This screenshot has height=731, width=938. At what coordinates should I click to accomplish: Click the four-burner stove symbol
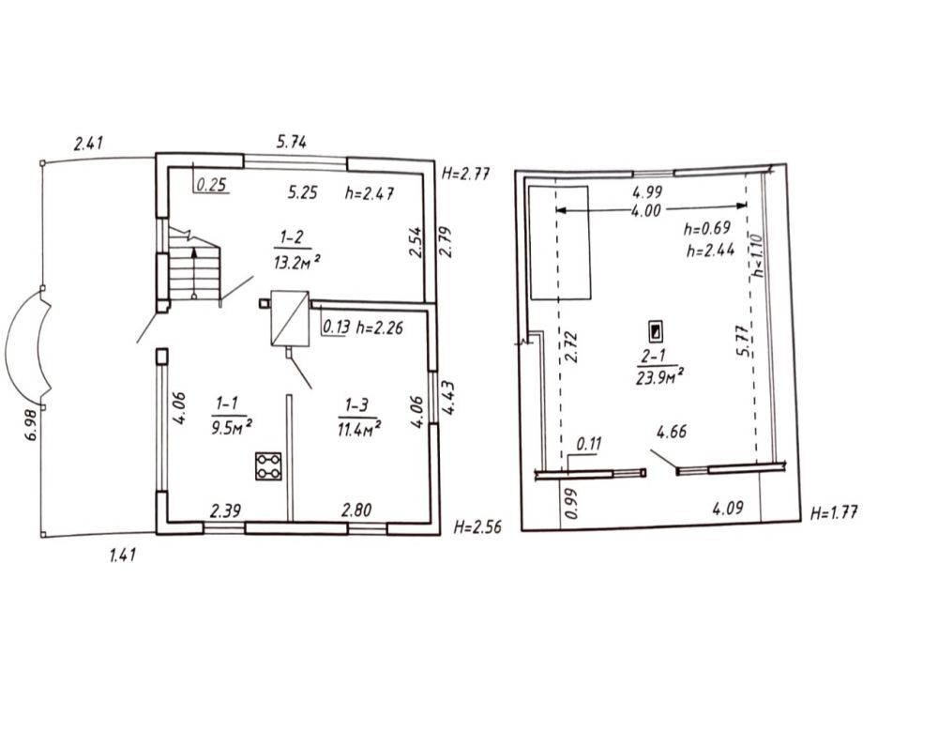click(268, 465)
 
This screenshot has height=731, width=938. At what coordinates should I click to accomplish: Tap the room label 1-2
click(292, 237)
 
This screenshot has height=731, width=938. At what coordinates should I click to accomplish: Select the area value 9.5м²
click(231, 428)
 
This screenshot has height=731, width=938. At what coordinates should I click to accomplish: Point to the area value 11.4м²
click(359, 429)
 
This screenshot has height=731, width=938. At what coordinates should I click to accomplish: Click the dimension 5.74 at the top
click(292, 142)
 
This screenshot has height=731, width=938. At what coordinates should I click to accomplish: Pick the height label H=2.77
click(466, 174)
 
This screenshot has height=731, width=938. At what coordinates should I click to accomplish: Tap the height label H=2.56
click(477, 526)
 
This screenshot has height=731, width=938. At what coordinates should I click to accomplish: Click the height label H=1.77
click(834, 512)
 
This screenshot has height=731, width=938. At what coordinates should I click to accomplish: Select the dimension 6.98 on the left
click(31, 424)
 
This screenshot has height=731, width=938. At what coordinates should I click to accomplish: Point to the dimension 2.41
click(88, 143)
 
